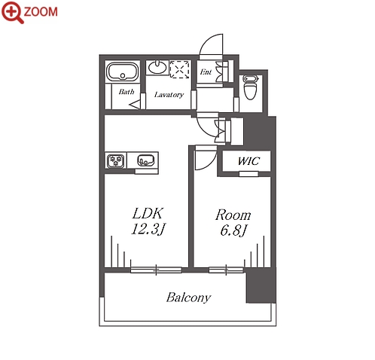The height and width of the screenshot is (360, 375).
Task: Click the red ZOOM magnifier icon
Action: pos(12,12)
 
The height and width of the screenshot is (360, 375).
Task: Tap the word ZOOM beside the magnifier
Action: pos(41,12)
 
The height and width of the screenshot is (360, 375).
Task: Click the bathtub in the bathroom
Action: pos(123,72)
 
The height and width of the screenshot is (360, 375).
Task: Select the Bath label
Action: pos(127,92)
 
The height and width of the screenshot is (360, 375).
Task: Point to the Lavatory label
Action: pos(169,95)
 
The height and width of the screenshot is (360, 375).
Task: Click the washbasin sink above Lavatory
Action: pos(157,67)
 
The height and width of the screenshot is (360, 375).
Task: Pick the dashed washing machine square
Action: pos(179,69)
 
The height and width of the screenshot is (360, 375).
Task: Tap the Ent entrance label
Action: pos(206,72)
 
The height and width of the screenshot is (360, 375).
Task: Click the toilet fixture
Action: pos(251,87)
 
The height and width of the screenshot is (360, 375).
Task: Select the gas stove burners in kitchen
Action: pos(116,161)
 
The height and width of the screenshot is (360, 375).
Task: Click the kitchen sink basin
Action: pos(145,160)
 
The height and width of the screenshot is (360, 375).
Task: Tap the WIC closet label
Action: pos(248,161)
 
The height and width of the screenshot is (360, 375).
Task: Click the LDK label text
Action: pos(148,214)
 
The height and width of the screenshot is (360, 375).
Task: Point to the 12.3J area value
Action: pos(148,229)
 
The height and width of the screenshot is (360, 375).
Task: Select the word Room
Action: pos(233,215)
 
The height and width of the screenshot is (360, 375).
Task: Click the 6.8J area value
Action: pos(234,230)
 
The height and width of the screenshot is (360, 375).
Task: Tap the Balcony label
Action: pos(188,297)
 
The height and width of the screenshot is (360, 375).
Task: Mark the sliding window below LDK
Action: pos(156,270)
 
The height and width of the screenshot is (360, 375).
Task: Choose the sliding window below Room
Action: pos(226,270)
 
